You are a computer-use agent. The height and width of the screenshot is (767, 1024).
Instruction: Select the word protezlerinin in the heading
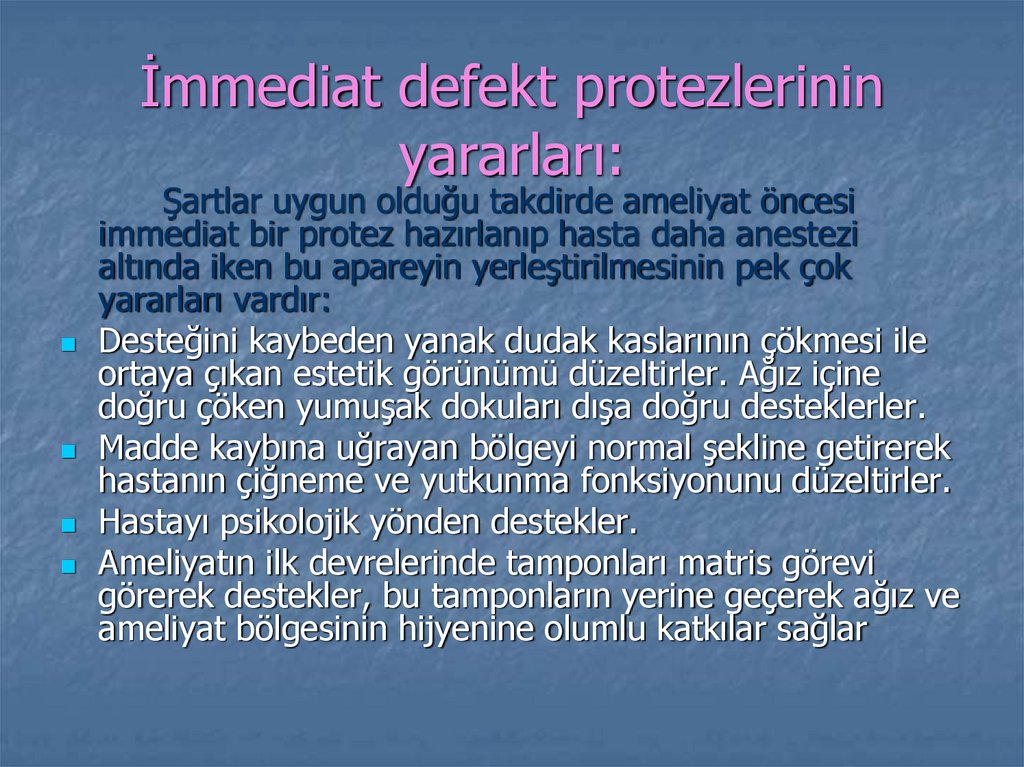coord(729,88)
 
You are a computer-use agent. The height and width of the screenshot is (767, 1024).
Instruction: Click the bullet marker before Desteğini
coord(68,344)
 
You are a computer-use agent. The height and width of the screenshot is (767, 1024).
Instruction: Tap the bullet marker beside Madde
coord(68,452)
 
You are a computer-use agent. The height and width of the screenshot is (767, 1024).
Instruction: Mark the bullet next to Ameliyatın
coord(68,566)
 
